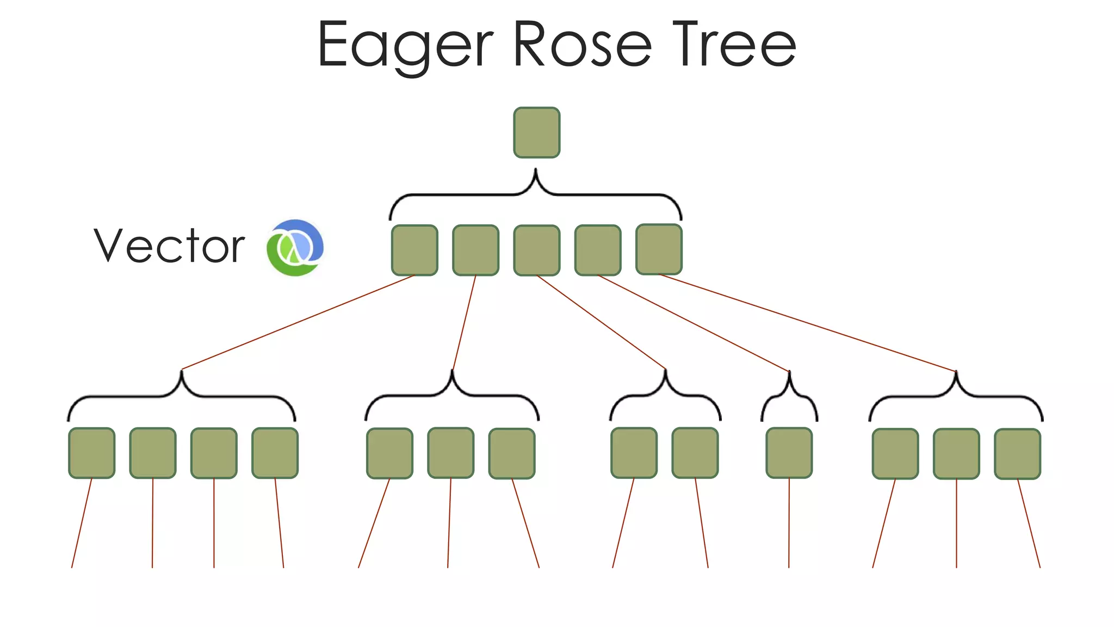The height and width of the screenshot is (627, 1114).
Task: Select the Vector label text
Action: (169, 246)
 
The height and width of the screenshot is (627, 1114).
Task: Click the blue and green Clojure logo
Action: (295, 248)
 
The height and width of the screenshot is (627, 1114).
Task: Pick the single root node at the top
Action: (537, 132)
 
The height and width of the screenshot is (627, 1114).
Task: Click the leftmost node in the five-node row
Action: (414, 250)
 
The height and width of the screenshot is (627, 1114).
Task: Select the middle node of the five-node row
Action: (537, 250)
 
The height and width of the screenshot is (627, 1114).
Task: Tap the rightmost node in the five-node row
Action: (659, 249)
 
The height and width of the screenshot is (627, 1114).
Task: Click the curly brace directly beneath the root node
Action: (536, 193)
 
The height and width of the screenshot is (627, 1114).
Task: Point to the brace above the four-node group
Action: (182, 396)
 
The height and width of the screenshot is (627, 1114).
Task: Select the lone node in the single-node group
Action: (789, 453)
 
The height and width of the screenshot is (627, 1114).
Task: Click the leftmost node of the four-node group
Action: (92, 453)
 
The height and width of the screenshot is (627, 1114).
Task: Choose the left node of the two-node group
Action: (634, 453)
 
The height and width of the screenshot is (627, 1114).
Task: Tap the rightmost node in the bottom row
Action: (1017, 453)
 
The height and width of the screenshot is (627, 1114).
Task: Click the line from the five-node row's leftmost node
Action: (298, 322)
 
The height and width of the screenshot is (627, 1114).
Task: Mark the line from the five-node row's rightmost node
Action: (808, 323)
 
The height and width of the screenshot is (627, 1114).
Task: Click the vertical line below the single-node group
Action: (789, 522)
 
